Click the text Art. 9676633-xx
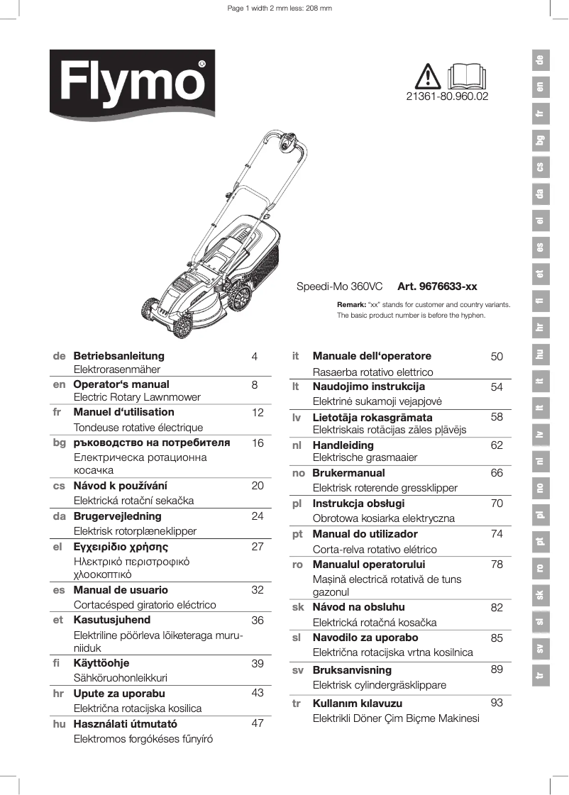pos(437,287)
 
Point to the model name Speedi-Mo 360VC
pos(339,287)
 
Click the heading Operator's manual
pos(121,384)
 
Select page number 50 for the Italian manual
pos(497,357)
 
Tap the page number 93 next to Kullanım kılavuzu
pos(497,703)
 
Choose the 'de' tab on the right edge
pos(541,61)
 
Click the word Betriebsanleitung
pos(118,356)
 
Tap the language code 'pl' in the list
pos(298,504)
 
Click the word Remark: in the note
pos(350,304)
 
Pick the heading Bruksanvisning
pos(352,670)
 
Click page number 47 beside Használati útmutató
pos(258,724)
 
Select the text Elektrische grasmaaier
pos(365,458)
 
